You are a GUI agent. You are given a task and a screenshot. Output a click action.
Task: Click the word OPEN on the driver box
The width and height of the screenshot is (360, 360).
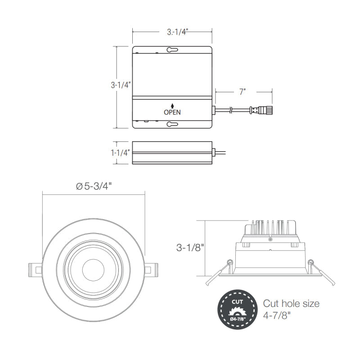click(172, 112)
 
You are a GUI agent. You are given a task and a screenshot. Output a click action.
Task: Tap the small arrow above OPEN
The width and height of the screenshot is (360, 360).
click(172, 106)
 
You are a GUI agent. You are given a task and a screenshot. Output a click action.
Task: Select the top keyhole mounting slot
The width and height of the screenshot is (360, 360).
click(172, 49)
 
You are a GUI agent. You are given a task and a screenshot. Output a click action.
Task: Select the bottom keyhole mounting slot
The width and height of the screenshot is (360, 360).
click(172, 124)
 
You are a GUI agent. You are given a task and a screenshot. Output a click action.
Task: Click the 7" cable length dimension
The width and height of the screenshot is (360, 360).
click(243, 92)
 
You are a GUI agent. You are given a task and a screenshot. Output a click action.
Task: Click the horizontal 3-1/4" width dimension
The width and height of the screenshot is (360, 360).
click(177, 32)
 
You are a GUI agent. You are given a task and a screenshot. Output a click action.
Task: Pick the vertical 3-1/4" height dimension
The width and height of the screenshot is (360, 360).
click(121, 85)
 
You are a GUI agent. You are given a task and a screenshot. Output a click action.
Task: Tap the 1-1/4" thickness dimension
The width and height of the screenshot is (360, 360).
click(120, 153)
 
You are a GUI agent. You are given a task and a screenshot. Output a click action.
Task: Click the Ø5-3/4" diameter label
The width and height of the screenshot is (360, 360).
click(94, 186)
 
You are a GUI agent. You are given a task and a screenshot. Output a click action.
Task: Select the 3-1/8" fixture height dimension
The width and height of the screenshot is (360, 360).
click(190, 247)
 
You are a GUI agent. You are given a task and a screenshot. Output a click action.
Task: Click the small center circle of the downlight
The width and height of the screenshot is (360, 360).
click(93, 270)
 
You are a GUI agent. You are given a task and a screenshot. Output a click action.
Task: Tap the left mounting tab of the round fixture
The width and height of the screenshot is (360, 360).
click(36, 270)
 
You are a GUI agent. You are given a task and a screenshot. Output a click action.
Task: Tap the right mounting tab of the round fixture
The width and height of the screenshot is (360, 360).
click(151, 270)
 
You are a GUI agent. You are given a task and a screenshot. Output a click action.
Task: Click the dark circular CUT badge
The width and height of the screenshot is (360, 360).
click(238, 310)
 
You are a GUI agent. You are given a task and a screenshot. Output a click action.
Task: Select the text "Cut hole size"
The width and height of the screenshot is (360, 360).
click(291, 303)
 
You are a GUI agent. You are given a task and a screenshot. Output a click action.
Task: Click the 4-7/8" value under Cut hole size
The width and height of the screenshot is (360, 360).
click(277, 315)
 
